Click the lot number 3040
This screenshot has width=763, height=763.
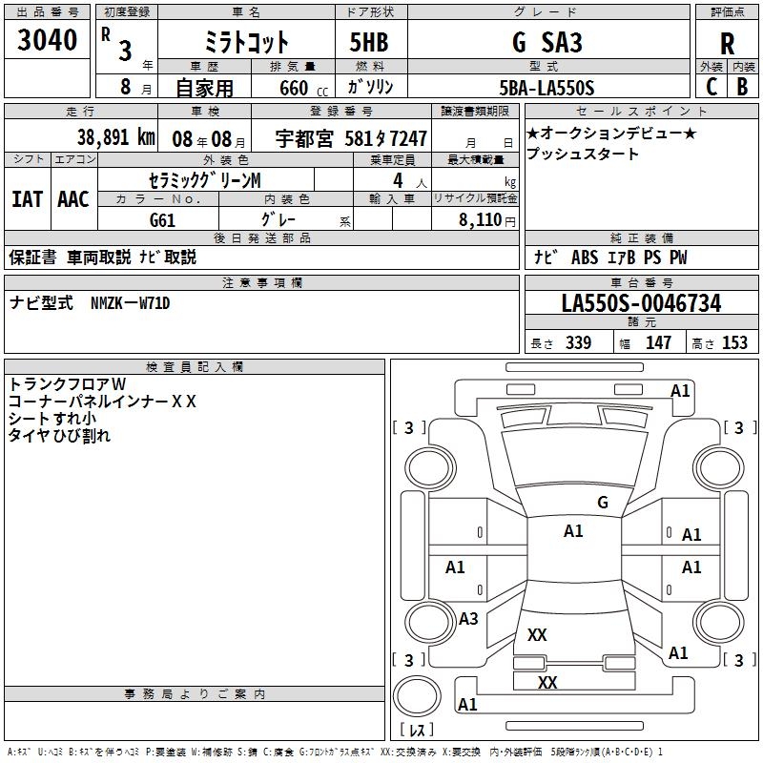point(48,40)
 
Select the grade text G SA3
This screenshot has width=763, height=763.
point(546,43)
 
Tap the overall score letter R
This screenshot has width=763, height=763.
point(727,44)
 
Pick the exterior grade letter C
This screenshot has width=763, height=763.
point(711,86)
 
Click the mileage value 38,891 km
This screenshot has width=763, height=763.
point(115,137)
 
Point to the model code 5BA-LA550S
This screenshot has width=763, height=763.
point(546,88)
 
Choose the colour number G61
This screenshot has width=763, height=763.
point(163,218)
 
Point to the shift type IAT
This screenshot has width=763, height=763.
point(27,199)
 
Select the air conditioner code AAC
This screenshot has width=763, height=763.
point(72,199)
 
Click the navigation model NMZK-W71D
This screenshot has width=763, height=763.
point(130,303)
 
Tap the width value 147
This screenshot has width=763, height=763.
point(658,342)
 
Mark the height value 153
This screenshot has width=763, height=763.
point(735,342)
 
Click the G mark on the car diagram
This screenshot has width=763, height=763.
point(602,502)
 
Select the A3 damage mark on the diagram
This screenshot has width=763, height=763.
point(468,619)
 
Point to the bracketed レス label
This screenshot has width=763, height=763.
point(421,731)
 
